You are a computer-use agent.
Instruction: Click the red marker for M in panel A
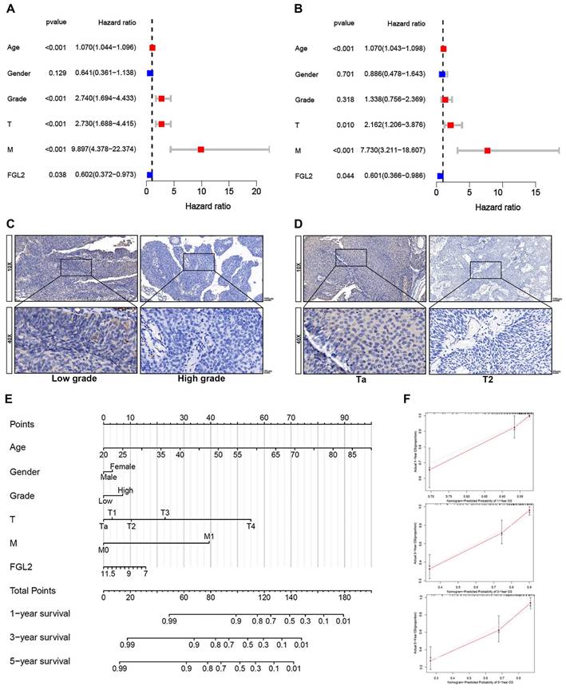pos(200,149)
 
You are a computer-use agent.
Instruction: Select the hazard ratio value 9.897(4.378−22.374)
pos(116,149)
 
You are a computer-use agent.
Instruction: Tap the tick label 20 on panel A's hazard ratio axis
pos(255,192)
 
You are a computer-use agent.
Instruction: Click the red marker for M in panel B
pos(487,149)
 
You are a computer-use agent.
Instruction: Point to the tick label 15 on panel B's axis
pos(536,192)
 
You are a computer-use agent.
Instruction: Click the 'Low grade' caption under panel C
pos(70,379)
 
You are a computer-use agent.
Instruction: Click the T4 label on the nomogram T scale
pos(251,525)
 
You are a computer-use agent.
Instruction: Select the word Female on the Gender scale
pos(123,466)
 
